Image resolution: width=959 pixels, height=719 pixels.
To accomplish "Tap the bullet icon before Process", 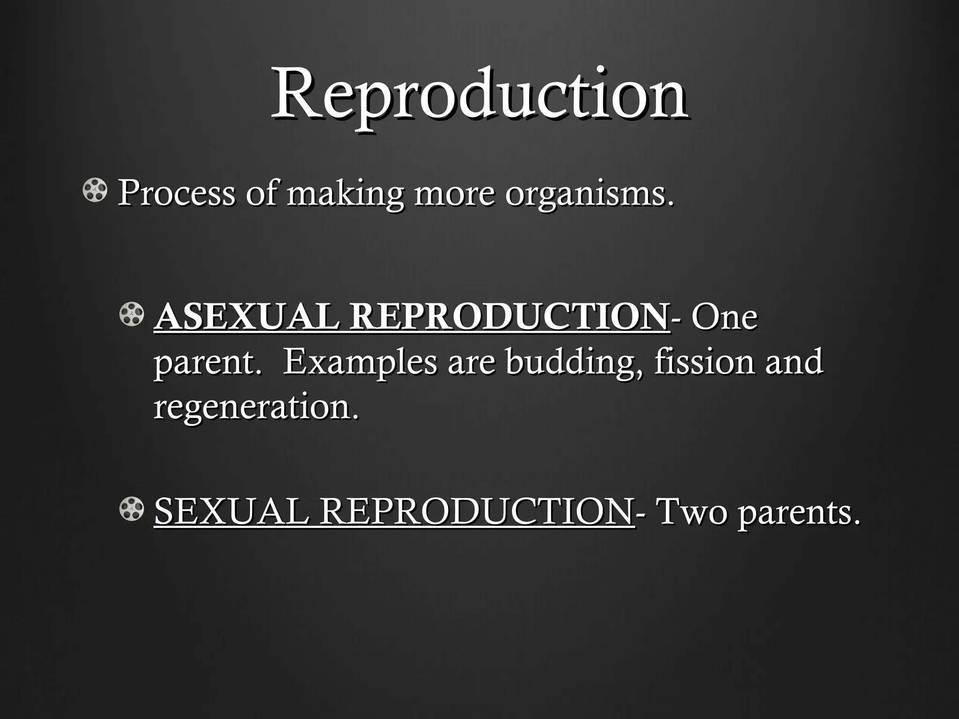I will [95, 191].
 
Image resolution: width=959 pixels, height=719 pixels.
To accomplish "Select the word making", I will [345, 195].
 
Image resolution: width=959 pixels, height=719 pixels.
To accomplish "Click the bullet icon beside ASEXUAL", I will [132, 315].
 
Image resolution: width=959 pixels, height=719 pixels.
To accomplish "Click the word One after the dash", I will [724, 317].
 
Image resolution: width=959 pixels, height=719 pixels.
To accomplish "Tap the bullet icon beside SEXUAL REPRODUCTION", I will [132, 509].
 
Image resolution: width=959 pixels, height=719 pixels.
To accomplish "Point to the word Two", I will [693, 512].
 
